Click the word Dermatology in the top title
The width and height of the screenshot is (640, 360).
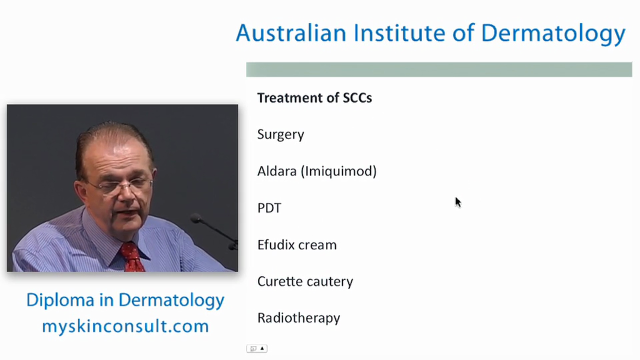553,33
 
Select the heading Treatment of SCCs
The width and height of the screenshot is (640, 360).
314,98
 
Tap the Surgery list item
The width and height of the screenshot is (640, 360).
280,134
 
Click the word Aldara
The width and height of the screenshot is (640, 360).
276,171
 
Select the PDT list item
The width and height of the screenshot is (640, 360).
269,208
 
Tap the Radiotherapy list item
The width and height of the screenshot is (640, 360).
298,318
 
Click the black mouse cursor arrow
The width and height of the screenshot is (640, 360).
457,201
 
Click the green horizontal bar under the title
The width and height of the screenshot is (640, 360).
438,69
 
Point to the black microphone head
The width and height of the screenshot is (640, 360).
196,218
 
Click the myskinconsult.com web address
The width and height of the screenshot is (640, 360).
125,326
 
